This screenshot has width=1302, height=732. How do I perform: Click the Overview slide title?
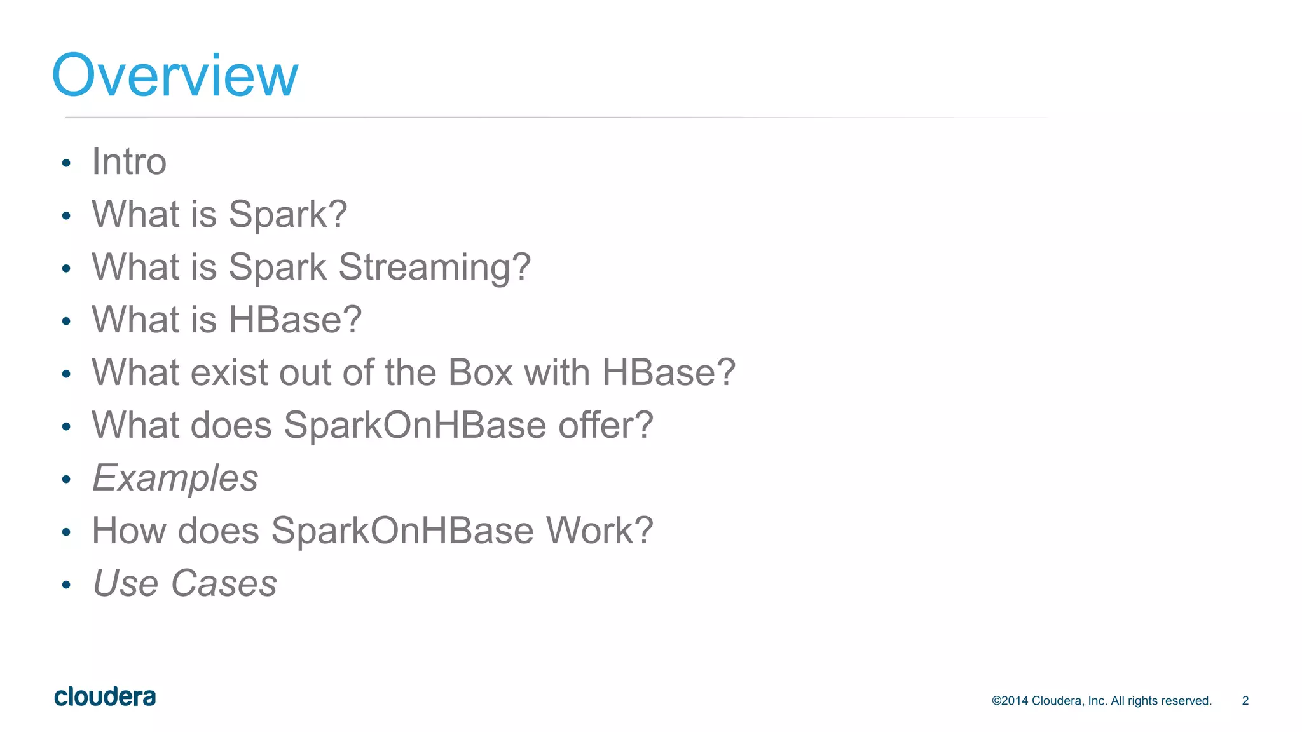(x=175, y=76)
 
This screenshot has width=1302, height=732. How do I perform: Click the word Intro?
(x=129, y=161)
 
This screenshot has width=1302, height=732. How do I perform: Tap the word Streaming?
(x=434, y=267)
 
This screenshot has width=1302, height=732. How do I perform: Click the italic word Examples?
(x=175, y=478)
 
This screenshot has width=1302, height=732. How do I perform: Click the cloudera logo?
(x=105, y=697)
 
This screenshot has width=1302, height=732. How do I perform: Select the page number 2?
(x=1245, y=701)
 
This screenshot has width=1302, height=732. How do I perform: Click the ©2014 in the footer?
(x=1010, y=701)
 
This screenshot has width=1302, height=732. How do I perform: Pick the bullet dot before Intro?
(x=66, y=163)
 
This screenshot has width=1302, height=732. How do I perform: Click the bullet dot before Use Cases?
(x=66, y=585)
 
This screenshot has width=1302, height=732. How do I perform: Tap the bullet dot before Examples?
(x=66, y=480)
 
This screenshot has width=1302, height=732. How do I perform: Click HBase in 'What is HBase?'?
(x=294, y=320)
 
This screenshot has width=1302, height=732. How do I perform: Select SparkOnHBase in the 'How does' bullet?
(x=402, y=531)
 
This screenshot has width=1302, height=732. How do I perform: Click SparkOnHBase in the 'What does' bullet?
(x=415, y=425)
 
